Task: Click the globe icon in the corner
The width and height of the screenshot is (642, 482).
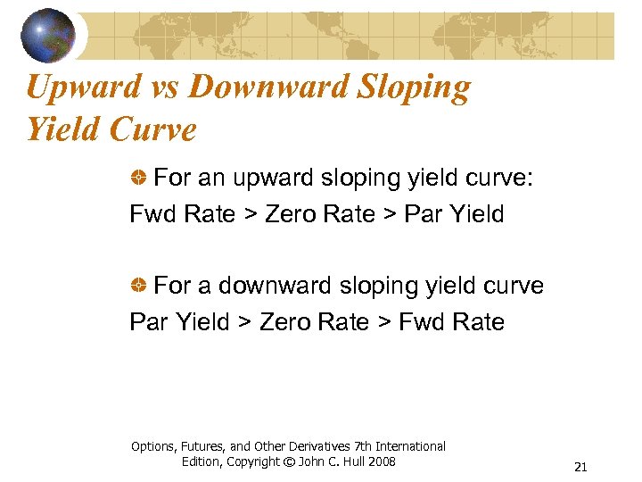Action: (x=48, y=35)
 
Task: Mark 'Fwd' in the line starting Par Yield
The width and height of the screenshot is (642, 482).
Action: (x=420, y=321)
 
